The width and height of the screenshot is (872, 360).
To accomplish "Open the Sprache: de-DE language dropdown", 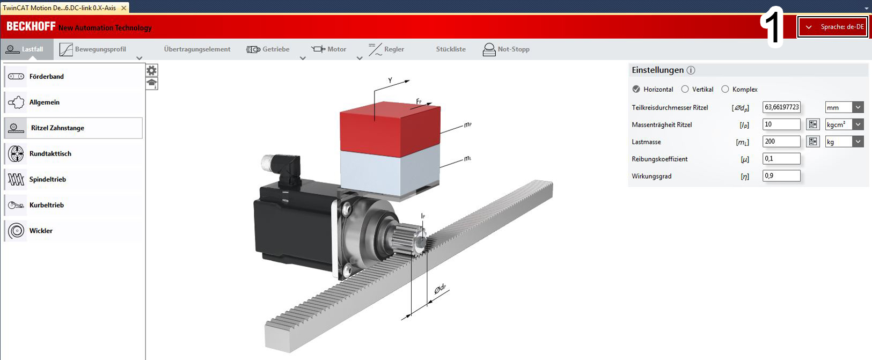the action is click(832, 27).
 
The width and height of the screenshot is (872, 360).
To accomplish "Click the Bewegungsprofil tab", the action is click(93, 49).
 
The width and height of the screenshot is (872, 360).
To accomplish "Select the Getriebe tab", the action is click(268, 49).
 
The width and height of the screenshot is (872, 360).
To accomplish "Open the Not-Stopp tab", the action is click(506, 49).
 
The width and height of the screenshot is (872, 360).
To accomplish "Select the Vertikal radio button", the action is click(685, 89).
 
